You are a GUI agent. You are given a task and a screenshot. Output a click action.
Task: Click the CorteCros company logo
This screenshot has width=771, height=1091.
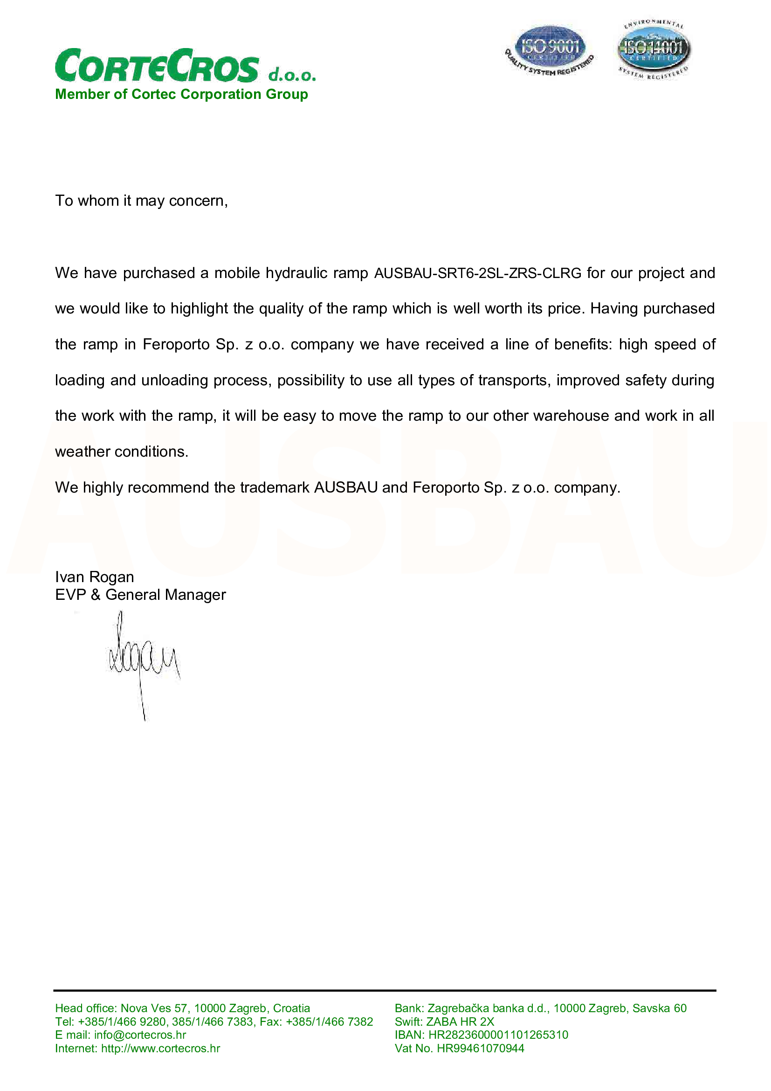tap(185, 67)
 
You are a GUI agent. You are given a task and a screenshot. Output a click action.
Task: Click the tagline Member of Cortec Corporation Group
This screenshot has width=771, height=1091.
tap(181, 94)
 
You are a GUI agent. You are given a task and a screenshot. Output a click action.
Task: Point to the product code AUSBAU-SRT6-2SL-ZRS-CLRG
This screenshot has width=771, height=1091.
tap(478, 273)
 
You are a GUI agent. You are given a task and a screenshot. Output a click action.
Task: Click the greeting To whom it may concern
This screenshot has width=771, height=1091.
tap(142, 201)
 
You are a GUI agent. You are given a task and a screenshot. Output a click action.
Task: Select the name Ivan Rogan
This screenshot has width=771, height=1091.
tap(95, 577)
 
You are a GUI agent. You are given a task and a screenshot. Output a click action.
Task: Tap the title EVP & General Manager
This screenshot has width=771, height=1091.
tap(140, 594)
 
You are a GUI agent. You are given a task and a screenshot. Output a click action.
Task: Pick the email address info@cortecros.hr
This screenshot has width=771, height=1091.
tap(139, 1035)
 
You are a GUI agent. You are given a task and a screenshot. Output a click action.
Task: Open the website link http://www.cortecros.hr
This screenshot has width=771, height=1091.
tap(160, 1048)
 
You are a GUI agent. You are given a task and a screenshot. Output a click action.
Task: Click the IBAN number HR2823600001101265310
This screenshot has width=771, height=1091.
tap(498, 1035)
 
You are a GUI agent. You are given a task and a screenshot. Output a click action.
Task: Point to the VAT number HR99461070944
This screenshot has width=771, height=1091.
tap(481, 1048)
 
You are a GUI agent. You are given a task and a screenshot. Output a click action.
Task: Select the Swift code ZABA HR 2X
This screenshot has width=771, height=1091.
tap(460, 1022)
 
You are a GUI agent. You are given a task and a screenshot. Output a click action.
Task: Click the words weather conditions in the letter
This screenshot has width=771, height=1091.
tap(122, 452)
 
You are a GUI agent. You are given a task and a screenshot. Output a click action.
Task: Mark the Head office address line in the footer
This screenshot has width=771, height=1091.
tap(182, 1008)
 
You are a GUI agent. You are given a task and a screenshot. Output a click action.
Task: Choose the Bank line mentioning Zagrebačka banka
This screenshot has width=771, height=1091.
tap(540, 1008)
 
